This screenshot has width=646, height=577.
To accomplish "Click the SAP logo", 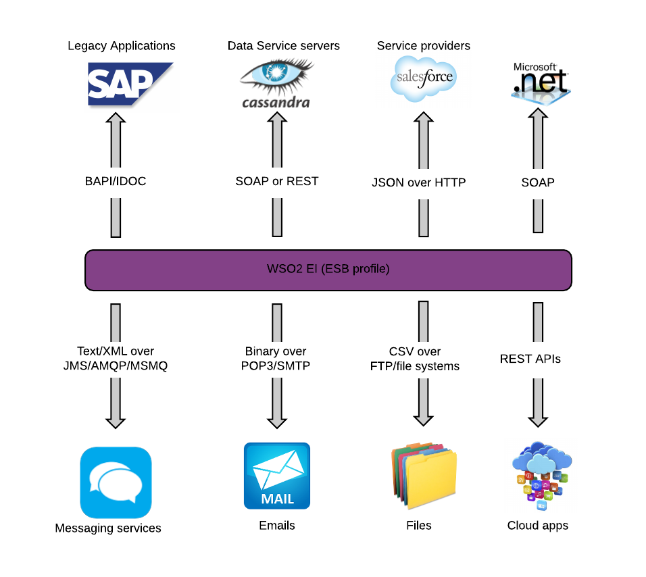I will click(130, 84).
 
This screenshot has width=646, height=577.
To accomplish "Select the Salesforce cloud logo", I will click(424, 79).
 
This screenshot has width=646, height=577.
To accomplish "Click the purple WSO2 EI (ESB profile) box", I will click(328, 270).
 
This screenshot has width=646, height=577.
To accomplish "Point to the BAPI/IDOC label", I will click(116, 181).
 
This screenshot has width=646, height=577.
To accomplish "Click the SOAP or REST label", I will click(276, 181).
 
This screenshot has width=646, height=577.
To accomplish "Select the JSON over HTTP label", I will click(418, 182).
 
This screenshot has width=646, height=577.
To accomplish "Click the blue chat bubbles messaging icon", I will click(116, 482).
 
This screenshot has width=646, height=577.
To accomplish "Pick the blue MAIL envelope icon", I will click(277, 476).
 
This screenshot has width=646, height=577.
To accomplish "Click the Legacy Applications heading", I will click(122, 46).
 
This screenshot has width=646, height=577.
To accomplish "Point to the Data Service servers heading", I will click(283, 46).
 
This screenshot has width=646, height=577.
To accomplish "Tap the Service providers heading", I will click(424, 46).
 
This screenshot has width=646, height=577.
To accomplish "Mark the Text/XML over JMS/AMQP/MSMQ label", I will click(116, 359).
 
